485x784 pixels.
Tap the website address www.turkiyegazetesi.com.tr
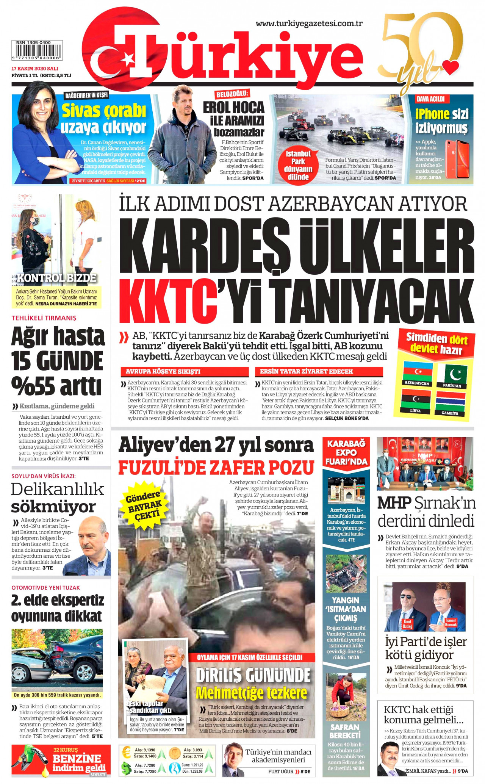point(309,23)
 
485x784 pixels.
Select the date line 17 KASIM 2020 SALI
point(34,69)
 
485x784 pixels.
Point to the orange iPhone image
point(457,159)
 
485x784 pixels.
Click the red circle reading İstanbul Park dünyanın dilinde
point(298,165)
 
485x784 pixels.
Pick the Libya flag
point(416,399)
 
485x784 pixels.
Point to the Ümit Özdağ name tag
point(407,623)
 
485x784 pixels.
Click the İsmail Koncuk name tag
point(451,622)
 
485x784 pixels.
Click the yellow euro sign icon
point(127,753)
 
